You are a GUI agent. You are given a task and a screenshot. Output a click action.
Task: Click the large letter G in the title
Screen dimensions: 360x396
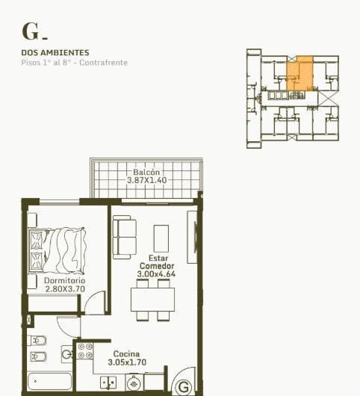tap(30, 31)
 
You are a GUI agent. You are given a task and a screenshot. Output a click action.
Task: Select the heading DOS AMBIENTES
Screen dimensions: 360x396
tap(55, 52)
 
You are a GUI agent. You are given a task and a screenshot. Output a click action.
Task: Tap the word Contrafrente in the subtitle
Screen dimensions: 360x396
tap(104, 63)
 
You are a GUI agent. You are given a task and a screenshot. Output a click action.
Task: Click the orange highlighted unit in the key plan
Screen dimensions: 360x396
tap(300, 74)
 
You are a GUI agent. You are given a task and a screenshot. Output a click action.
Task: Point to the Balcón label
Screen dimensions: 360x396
tap(146, 173)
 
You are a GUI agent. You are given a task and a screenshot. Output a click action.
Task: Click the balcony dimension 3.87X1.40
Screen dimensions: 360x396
tap(146, 180)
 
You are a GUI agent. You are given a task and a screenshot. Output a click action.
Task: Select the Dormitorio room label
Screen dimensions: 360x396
tap(65, 281)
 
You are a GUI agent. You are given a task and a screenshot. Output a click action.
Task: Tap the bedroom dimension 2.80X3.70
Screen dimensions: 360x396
tap(65, 289)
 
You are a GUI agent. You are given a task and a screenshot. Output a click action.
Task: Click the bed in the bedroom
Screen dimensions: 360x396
tap(58, 250)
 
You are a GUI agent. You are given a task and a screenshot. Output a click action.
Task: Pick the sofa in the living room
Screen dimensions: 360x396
tap(125, 237)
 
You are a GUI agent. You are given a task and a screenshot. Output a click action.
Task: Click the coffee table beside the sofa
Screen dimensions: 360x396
tap(161, 238)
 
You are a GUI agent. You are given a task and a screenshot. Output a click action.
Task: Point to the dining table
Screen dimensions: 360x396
tap(152, 300)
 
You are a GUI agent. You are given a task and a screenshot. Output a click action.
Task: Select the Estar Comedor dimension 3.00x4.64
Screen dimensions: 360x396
tap(156, 274)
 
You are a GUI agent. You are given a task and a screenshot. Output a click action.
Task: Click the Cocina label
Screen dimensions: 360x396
tap(126, 354)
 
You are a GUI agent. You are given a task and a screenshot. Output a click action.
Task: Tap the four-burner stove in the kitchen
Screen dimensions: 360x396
tap(85, 351)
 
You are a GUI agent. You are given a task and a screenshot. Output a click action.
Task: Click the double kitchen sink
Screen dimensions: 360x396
tap(108, 383)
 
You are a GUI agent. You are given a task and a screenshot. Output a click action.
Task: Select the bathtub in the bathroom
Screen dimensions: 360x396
tap(50, 382)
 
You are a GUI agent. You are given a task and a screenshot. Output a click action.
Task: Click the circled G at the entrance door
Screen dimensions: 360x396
tap(184, 386)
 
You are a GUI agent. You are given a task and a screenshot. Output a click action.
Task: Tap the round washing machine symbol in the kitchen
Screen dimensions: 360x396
tap(134, 383)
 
